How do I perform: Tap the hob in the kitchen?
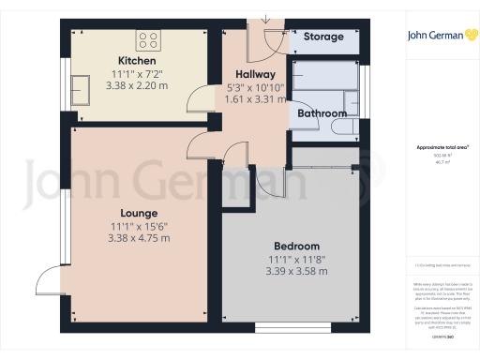(148, 39)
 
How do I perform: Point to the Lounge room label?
(140, 212)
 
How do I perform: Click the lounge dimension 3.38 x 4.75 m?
(140, 238)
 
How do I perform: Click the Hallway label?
(254, 74)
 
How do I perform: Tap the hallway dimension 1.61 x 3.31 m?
(256, 98)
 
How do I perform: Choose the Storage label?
(323, 37)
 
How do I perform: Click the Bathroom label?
(322, 113)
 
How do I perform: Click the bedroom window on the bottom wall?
(284, 327)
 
